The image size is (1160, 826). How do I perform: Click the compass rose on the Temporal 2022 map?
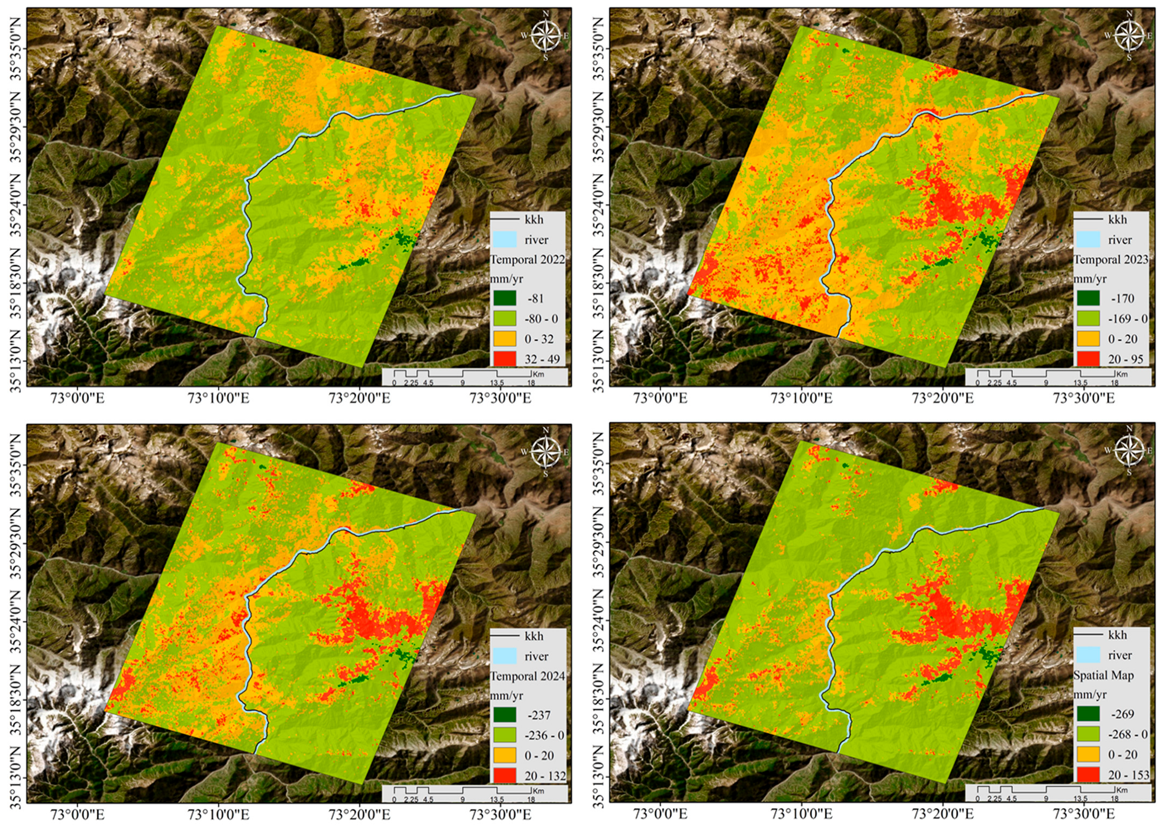(x=545, y=36)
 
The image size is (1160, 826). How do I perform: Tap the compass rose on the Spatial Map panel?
(x=1129, y=451)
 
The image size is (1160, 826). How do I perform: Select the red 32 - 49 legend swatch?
(x=505, y=359)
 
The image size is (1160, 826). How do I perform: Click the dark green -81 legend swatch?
(x=505, y=298)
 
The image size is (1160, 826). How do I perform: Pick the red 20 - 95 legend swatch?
(x=1088, y=359)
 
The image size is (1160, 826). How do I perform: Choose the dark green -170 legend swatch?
(x=1088, y=298)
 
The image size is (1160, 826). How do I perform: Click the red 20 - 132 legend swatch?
(x=505, y=776)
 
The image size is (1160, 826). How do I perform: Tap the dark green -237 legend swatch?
(x=505, y=715)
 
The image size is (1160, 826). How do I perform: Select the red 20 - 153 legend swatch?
(x=1088, y=775)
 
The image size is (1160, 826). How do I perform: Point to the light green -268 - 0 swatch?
(x=1088, y=734)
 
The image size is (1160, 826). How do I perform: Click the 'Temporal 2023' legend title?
(x=1110, y=260)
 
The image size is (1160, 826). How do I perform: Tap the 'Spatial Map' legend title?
(x=1103, y=675)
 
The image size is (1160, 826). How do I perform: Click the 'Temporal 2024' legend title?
(x=527, y=676)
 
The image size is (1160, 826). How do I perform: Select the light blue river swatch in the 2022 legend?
(x=505, y=240)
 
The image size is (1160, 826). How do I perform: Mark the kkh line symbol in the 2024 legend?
(x=505, y=636)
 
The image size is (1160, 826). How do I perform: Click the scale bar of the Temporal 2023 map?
(x=1045, y=375)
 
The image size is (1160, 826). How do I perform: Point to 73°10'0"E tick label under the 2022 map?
(x=218, y=399)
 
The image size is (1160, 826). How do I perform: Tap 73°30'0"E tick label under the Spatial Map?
(x=1083, y=814)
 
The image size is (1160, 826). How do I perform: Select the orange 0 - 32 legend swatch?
(x=505, y=339)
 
